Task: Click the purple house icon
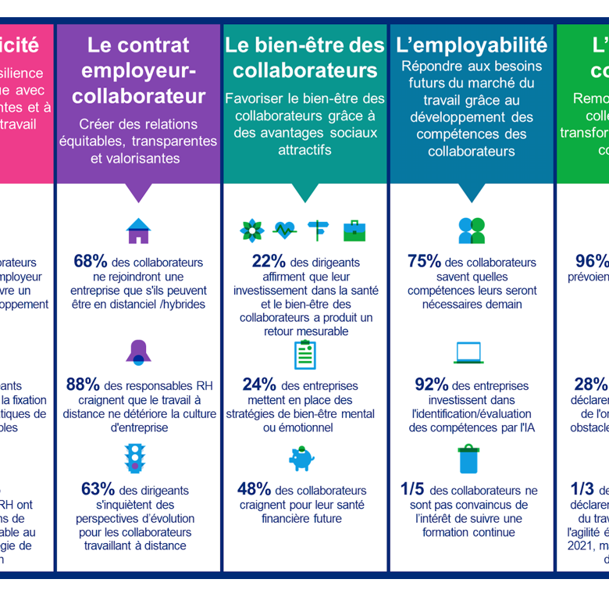pos(138,231)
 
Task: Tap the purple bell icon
pos(138,352)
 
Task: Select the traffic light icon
pos(136,457)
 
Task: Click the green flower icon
pos(251,231)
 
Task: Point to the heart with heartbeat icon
pos(285,231)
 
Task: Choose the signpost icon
pos(319,231)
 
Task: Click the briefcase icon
pos(354,231)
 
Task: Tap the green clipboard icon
pos(304,354)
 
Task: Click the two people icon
pos(472,231)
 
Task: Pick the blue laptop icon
pos(469,353)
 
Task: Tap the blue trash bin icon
pos(468,459)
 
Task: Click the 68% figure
pos(90,262)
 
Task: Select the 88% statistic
pos(82,384)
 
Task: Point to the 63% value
pos(98,489)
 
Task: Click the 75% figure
pos(424,262)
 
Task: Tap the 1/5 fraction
pos(411,489)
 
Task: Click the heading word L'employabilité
pos(472,45)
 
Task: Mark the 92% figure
pos(431,384)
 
